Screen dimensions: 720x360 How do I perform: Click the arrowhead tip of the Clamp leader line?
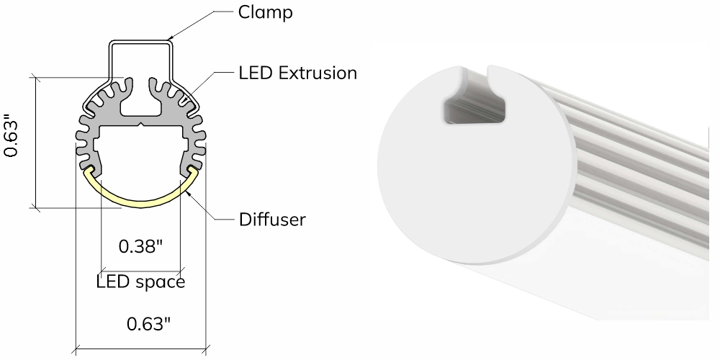point(169,39)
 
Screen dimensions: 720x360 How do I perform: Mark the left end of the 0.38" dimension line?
point(101,271)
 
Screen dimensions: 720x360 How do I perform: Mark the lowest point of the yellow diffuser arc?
point(140,207)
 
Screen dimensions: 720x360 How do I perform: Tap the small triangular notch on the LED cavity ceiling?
point(140,125)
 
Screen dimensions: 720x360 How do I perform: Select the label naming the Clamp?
point(265,12)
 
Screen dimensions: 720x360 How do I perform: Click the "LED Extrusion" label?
point(297,73)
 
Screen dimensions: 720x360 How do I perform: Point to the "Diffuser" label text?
point(272,220)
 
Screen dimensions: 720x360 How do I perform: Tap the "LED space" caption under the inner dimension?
point(140,282)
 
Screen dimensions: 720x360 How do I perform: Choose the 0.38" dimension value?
point(140,247)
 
